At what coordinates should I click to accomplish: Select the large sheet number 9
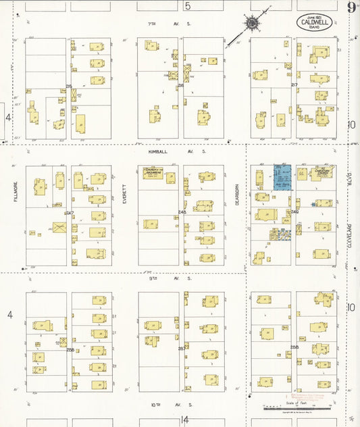point(352,7)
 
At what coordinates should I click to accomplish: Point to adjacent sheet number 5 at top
point(188,6)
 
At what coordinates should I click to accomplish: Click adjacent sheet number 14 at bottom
point(185,420)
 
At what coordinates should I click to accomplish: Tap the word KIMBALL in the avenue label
point(158,152)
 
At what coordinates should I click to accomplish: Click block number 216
point(180,86)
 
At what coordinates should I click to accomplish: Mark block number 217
point(294,85)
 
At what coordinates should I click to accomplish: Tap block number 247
point(70,214)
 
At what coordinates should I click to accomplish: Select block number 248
point(182,212)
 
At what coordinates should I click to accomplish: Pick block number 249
point(294,211)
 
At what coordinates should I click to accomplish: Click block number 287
point(181,349)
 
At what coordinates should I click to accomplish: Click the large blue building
point(282,177)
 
